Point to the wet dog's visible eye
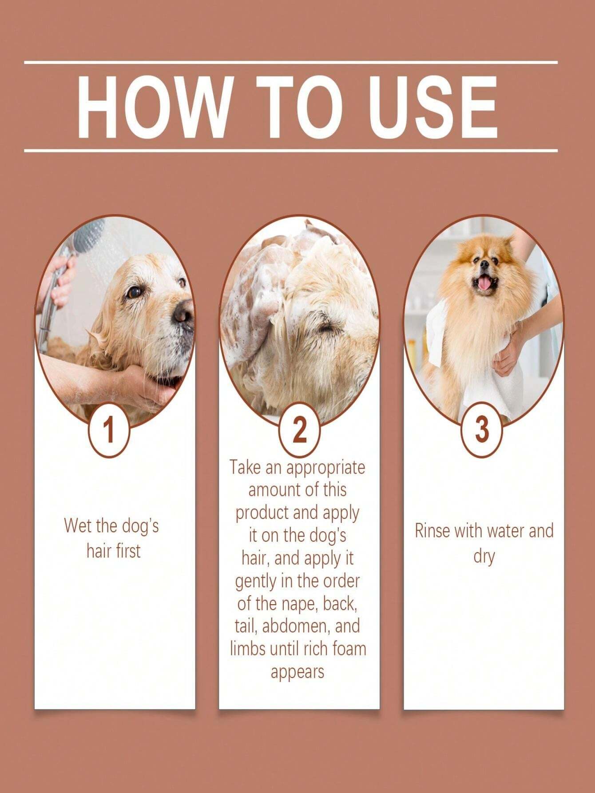click(134, 292)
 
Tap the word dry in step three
click(484, 556)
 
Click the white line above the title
click(291, 63)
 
